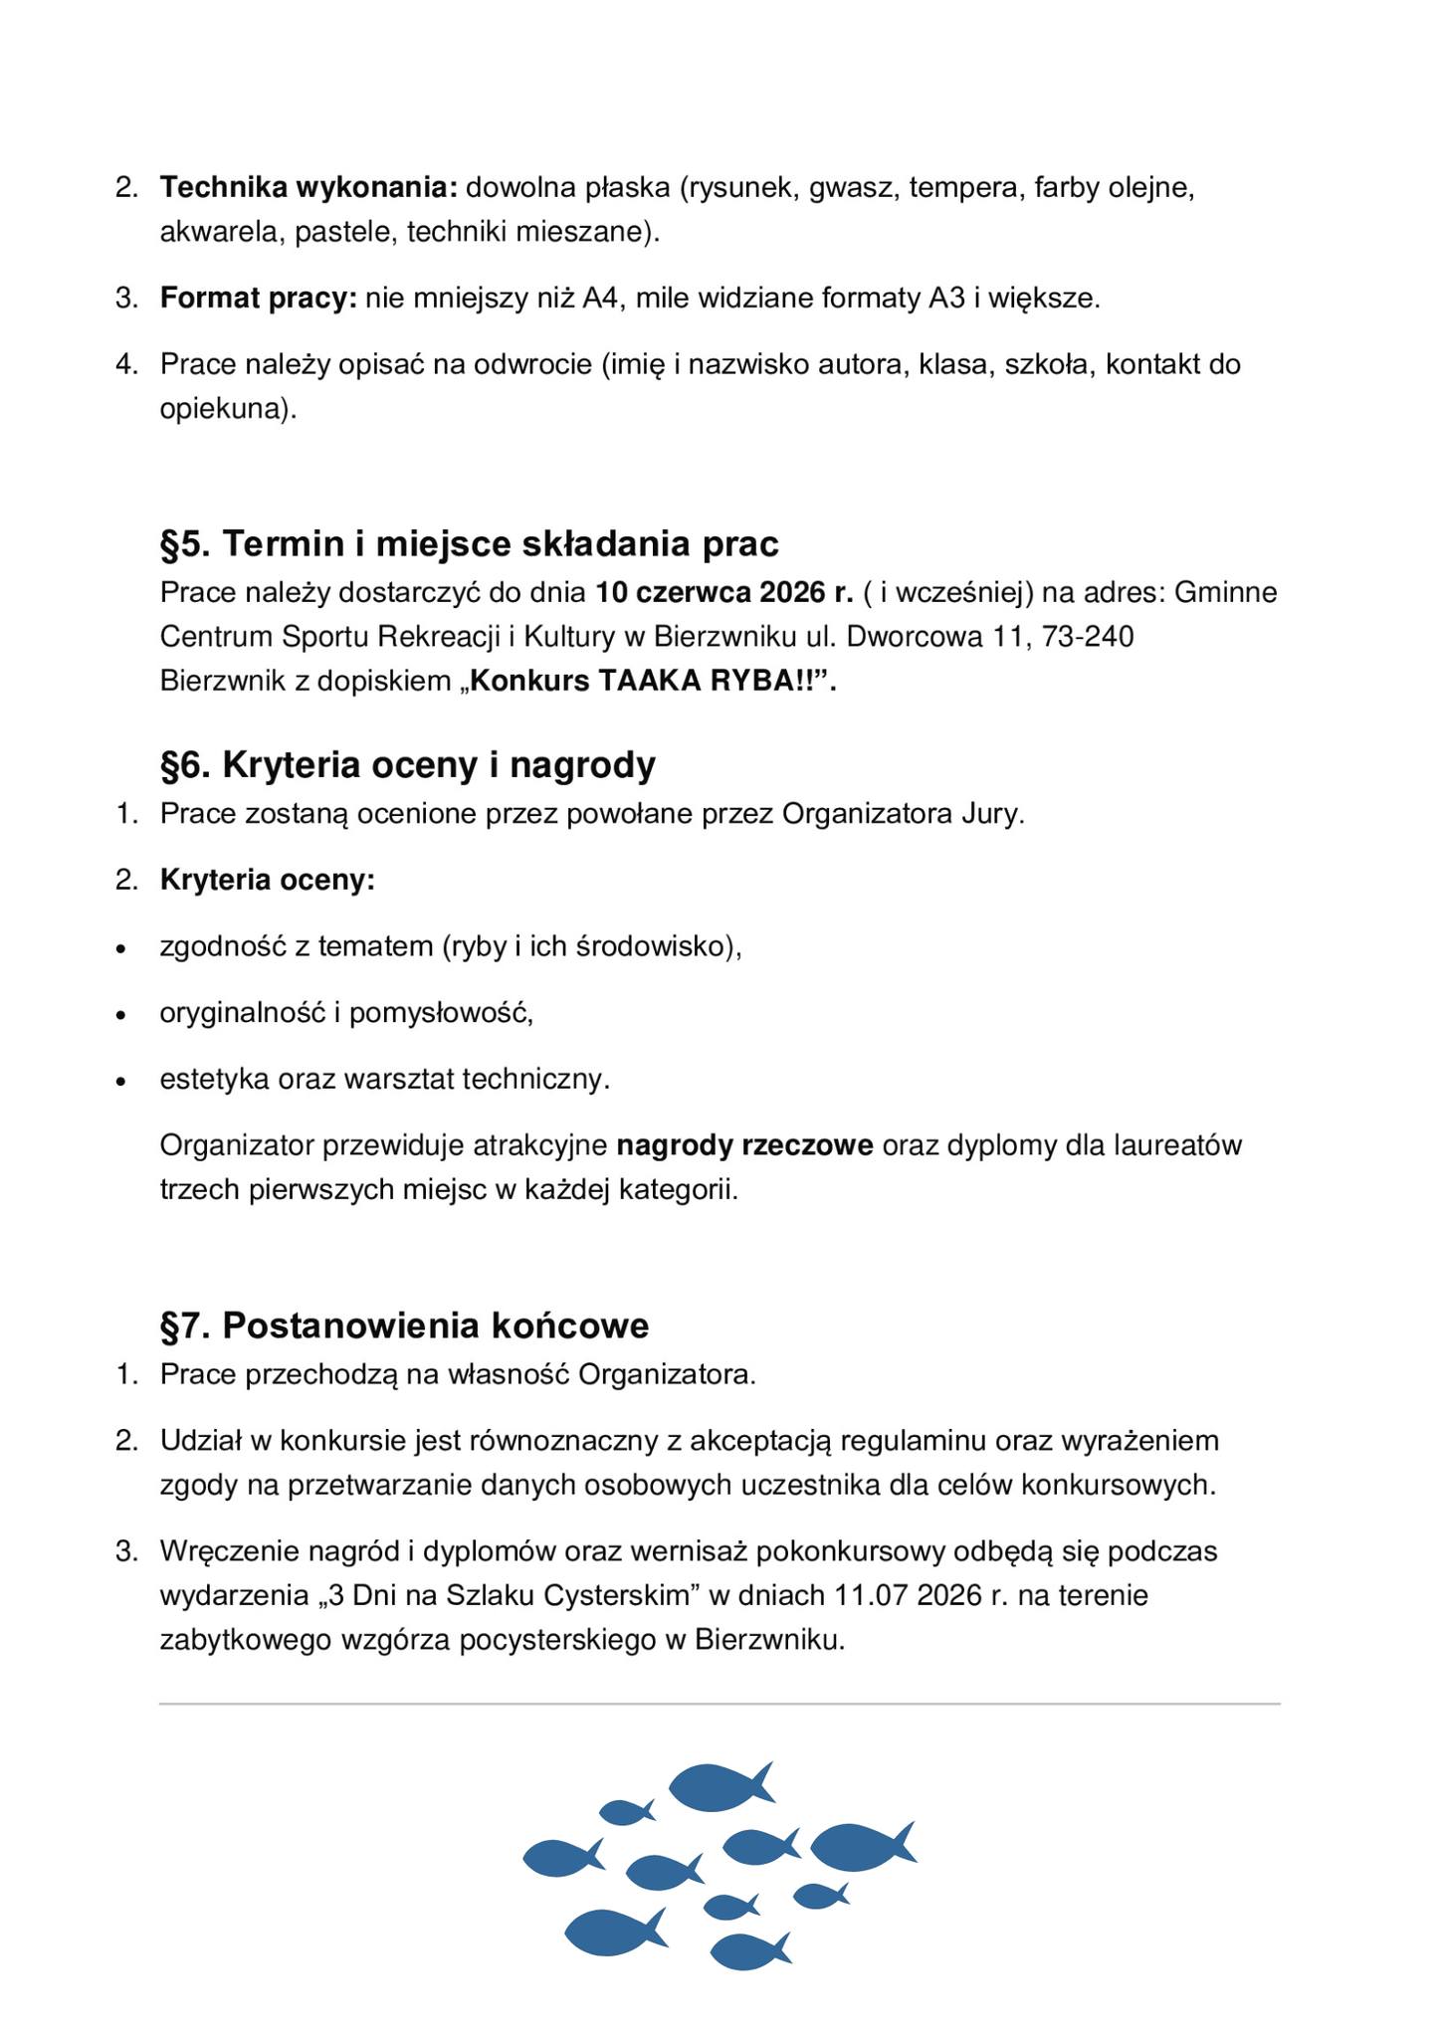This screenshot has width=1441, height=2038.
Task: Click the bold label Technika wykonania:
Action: (309, 187)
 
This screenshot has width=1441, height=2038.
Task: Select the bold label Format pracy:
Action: (258, 298)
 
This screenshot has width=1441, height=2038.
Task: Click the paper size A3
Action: (946, 298)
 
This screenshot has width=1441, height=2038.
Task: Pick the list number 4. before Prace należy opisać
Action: (126, 364)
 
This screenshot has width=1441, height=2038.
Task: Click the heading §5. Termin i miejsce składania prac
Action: (469, 544)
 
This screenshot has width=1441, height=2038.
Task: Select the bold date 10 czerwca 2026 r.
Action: (724, 593)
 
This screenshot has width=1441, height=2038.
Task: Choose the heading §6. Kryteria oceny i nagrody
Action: (408, 765)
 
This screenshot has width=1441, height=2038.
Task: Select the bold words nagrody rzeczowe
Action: (744, 1145)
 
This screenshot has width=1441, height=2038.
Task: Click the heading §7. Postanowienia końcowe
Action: (404, 1325)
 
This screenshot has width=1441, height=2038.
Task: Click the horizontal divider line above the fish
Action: (720, 1704)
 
